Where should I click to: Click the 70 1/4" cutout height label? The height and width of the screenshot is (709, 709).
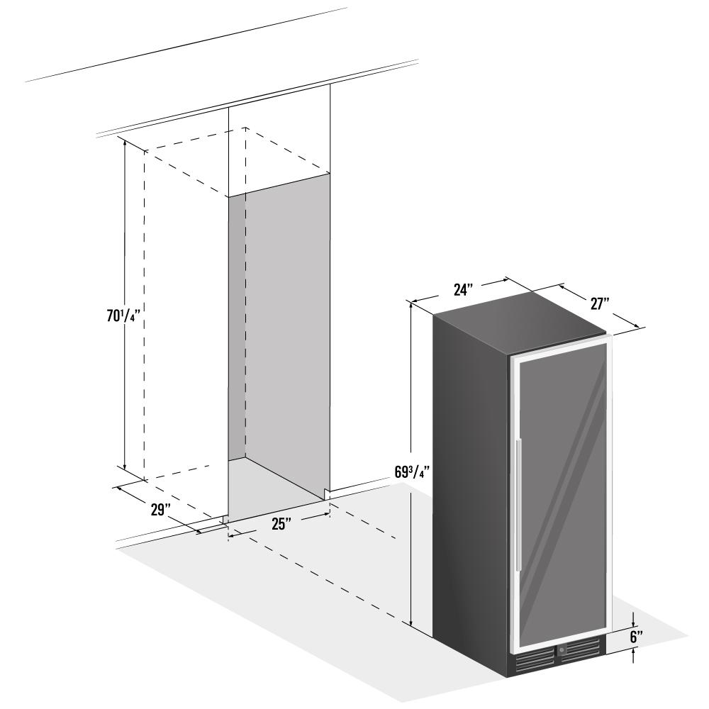[121, 316]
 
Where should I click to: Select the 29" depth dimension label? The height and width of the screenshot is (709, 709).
[160, 510]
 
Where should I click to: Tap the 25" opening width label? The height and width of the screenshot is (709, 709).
[281, 524]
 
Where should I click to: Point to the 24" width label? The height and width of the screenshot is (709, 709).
[463, 289]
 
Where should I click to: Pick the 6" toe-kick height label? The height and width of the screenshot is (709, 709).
[636, 637]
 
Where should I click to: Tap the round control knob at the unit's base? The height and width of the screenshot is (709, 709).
[562, 649]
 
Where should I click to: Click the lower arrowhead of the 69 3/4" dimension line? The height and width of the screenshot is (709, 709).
[411, 622]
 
